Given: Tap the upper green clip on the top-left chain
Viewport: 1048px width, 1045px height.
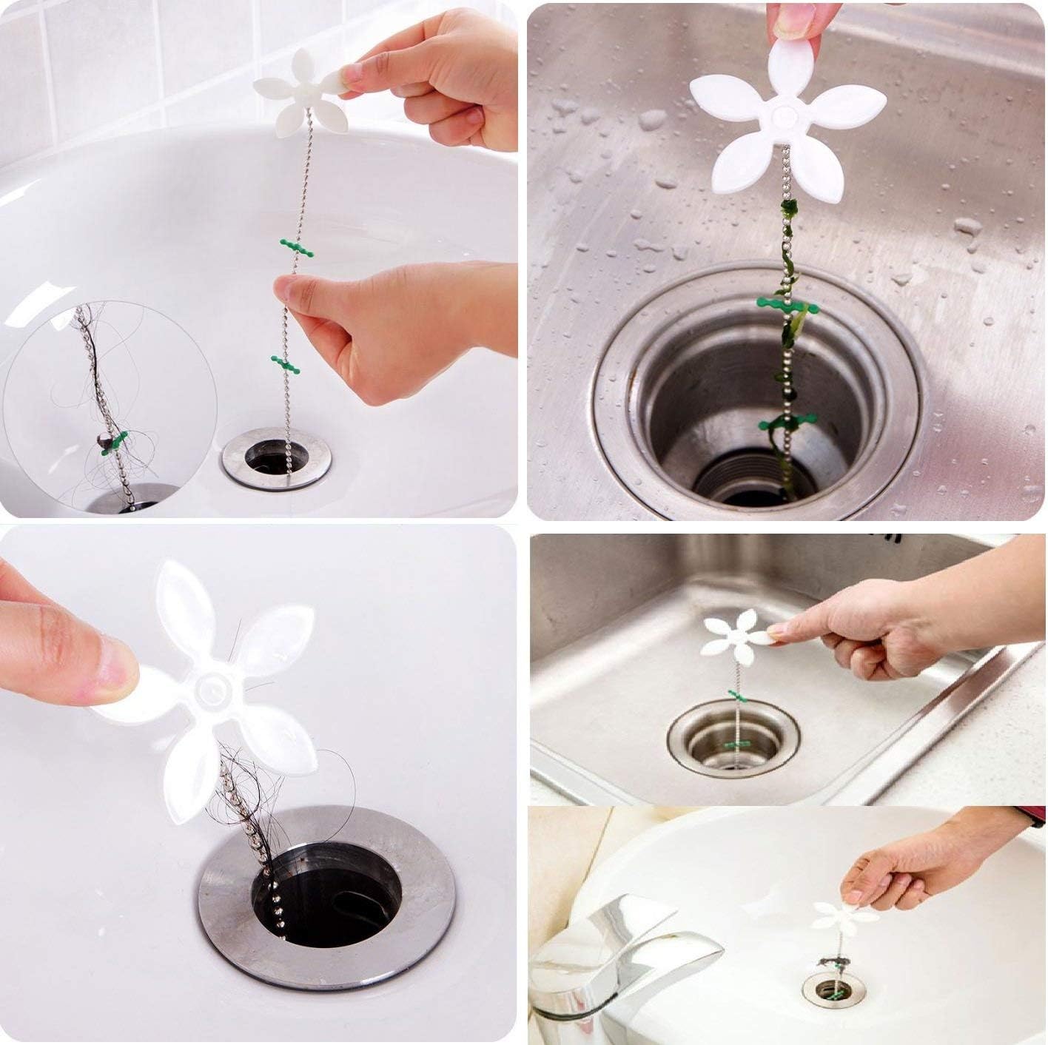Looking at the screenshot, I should pos(296,248).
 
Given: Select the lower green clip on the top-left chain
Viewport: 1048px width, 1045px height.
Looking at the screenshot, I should pos(286,363).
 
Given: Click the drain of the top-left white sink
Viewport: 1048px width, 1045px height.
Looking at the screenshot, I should pos(276,458).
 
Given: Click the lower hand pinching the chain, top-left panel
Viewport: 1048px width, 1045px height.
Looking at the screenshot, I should pos(385,326).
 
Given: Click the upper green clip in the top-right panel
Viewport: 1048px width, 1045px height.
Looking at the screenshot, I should pos(787,305).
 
